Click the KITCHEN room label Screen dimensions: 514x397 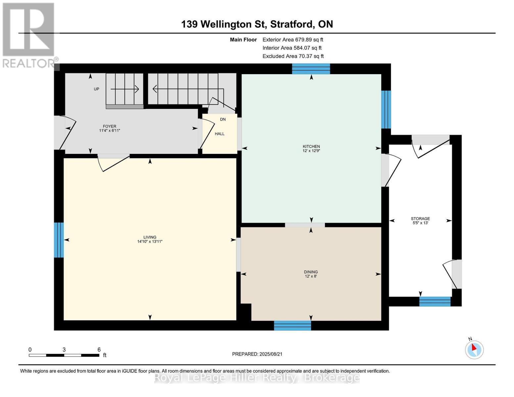[x=311, y=146]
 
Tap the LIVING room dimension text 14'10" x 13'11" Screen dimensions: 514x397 [x=150, y=242]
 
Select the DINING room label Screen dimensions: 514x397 [x=311, y=272]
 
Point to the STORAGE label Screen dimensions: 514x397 [x=420, y=219]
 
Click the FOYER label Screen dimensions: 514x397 [x=110, y=126]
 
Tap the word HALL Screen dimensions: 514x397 [x=219, y=134]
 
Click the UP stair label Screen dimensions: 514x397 [x=97, y=89]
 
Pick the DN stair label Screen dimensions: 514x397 [x=223, y=119]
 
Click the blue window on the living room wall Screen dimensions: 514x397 [x=59, y=240]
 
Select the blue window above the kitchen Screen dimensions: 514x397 [x=311, y=69]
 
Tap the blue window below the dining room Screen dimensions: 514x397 [x=292, y=326]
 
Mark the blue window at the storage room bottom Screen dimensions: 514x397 [x=435, y=301]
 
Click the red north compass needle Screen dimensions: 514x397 [x=474, y=348]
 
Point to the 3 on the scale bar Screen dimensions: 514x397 [x=64, y=350]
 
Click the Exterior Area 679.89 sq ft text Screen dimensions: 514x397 [x=293, y=40]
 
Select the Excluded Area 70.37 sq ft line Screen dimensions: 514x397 [x=293, y=56]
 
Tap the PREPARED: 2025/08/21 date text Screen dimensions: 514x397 [x=257, y=354]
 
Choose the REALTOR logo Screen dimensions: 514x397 [x=29, y=35]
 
